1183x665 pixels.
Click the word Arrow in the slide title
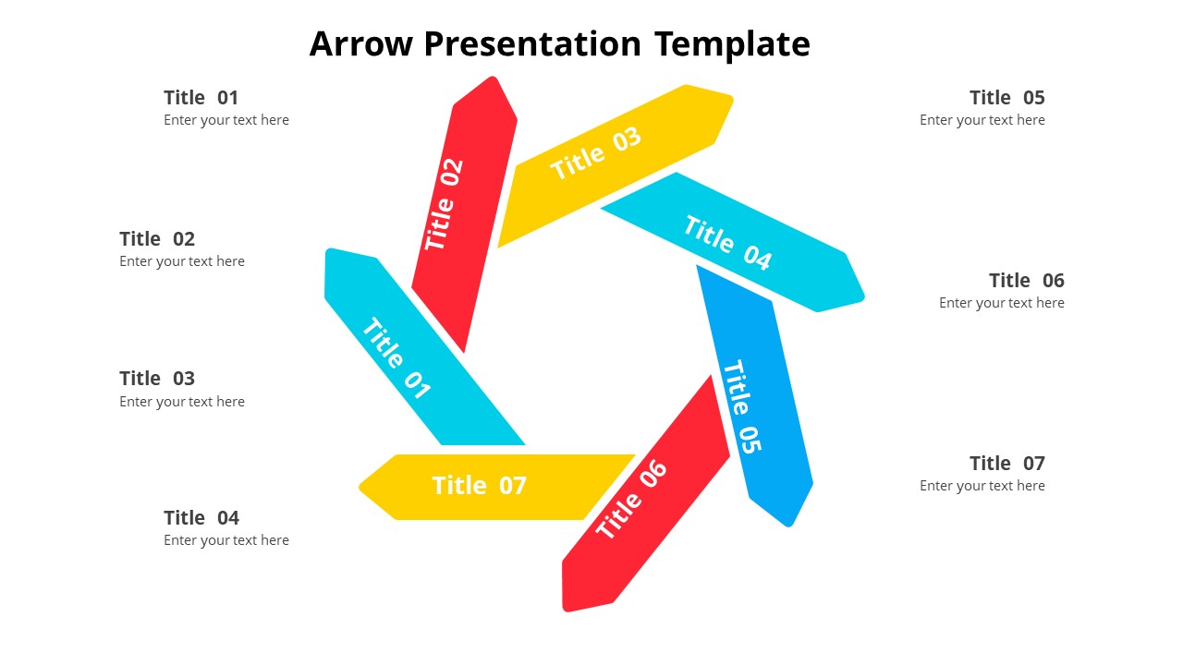tap(360, 43)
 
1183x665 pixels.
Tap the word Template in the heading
tap(732, 45)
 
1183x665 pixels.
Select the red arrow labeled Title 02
tap(464, 214)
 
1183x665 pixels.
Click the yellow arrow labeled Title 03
tap(616, 165)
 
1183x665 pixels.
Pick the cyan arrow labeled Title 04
tap(733, 242)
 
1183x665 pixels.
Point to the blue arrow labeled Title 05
tap(755, 396)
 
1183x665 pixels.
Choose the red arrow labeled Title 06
tap(645, 493)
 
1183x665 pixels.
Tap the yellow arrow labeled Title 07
tap(497, 487)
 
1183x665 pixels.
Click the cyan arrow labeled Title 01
tap(424, 346)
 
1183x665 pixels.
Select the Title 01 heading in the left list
tap(201, 98)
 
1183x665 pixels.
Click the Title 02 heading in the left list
tap(157, 239)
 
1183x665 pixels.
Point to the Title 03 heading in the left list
tap(157, 379)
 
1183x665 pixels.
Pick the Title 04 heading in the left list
tap(201, 518)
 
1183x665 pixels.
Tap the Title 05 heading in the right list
tap(1007, 98)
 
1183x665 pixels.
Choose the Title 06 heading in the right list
tap(1027, 280)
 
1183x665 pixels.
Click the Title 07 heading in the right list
tap(1007, 464)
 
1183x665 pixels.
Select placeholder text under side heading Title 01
tap(226, 120)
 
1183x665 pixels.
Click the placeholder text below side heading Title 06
tap(1001, 303)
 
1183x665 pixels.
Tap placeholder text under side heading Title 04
tap(226, 540)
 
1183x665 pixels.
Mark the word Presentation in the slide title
tap(532, 43)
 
